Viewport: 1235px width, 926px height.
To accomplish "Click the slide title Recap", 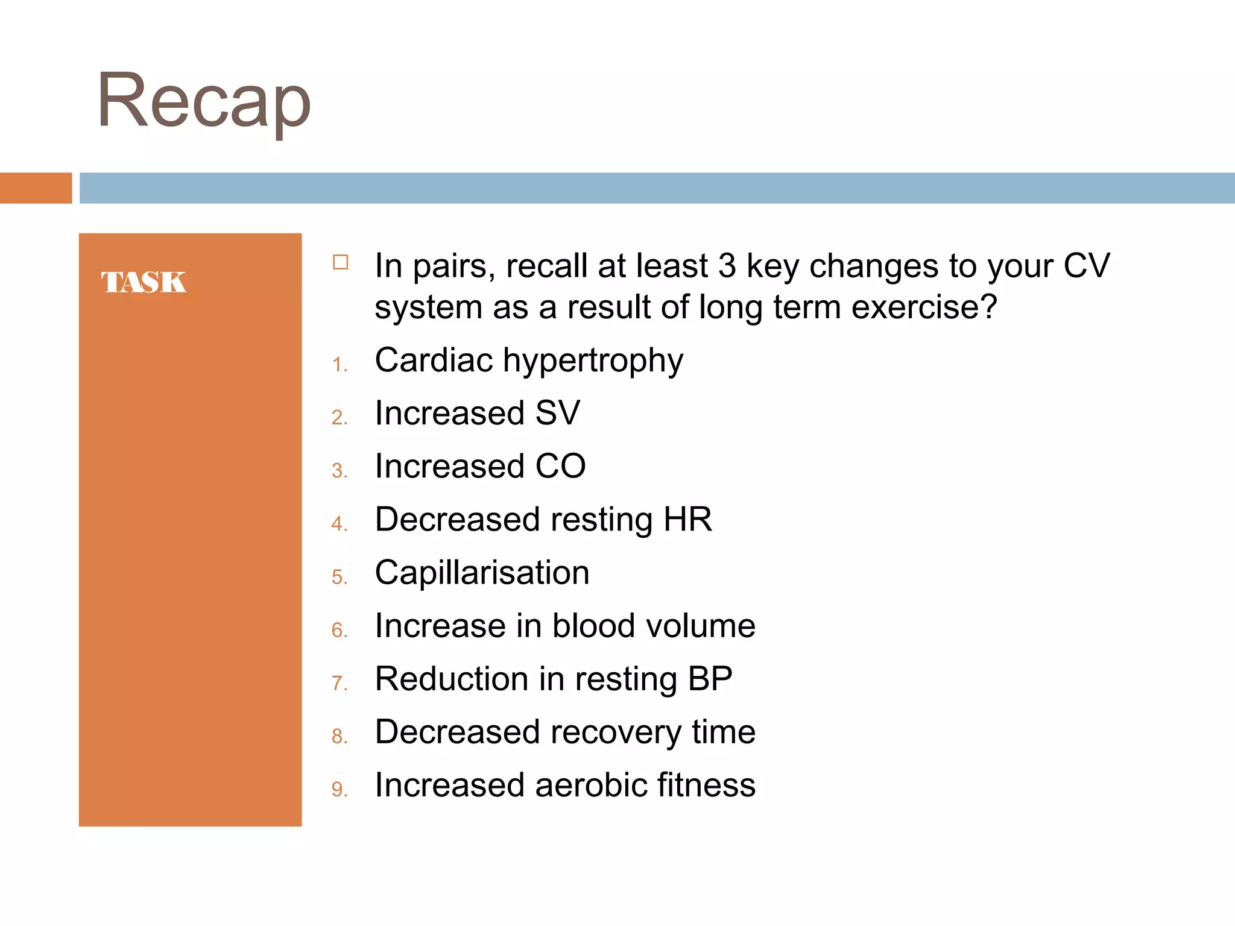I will [x=204, y=101].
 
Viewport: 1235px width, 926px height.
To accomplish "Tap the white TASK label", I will [x=144, y=282].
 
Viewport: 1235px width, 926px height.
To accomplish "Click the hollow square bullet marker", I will [x=341, y=262].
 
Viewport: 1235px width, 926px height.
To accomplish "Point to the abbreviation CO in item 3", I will [x=560, y=467].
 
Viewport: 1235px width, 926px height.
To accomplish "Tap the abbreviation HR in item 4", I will [x=687, y=520].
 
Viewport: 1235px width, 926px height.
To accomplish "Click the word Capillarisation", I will [x=482, y=573].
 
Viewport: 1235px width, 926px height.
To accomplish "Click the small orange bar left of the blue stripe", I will [x=36, y=188].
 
